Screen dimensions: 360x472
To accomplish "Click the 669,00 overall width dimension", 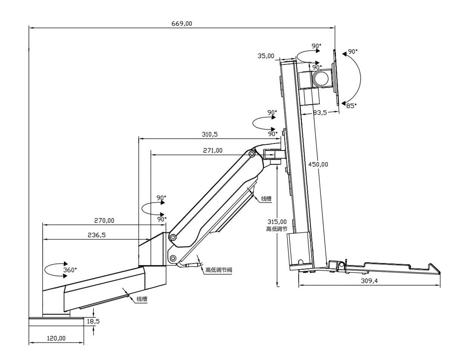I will pyautogui.click(x=182, y=23).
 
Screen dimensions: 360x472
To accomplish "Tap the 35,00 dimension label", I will pyautogui.click(x=266, y=56).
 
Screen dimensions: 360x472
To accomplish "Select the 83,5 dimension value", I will pyautogui.click(x=320, y=112).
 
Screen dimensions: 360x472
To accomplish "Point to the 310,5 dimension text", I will pyautogui.click(x=210, y=134).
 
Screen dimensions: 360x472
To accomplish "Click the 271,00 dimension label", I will pyautogui.click(x=213, y=150).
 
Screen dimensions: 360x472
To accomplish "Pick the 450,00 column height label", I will pyautogui.click(x=318, y=164).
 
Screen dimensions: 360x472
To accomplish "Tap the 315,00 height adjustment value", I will pyautogui.click(x=277, y=222).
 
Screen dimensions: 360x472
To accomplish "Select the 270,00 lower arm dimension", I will pyautogui.click(x=104, y=221).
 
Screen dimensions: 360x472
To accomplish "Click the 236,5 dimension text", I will pyautogui.click(x=97, y=235).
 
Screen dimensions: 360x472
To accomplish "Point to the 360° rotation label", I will pyautogui.click(x=70, y=270).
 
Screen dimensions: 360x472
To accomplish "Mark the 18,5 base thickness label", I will pyautogui.click(x=93, y=321).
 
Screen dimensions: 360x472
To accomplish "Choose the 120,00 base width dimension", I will pyautogui.click(x=56, y=338).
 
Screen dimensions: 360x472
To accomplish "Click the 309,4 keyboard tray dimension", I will pyautogui.click(x=369, y=280).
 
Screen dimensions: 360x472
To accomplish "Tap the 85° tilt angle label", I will pyautogui.click(x=351, y=106).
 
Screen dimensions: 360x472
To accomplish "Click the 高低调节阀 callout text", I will pyautogui.click(x=218, y=270).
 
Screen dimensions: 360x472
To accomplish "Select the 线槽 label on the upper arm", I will pyautogui.click(x=266, y=198).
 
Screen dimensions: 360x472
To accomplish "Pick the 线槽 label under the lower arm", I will pyautogui.click(x=141, y=299).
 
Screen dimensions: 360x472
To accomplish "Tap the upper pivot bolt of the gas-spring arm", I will pyautogui.click(x=251, y=154).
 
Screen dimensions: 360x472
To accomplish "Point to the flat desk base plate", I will pyautogui.click(x=56, y=321).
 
